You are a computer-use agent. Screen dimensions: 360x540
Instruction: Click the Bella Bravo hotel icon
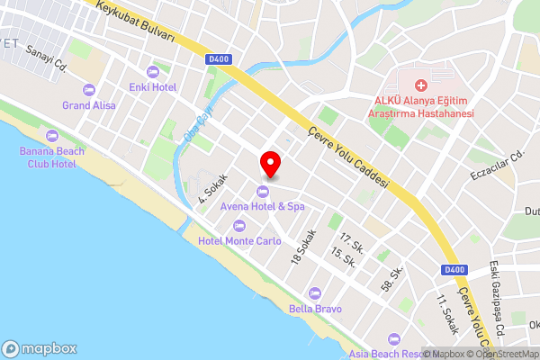click(314, 292)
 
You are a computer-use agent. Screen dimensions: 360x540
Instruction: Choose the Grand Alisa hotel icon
click(88, 88)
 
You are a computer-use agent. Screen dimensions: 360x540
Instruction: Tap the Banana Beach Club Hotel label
click(52, 157)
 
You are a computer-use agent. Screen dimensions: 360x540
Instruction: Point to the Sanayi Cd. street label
click(48, 58)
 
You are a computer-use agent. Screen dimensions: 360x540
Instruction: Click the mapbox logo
click(40, 348)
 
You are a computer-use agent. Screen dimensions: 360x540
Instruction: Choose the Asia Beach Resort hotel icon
click(393, 339)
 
